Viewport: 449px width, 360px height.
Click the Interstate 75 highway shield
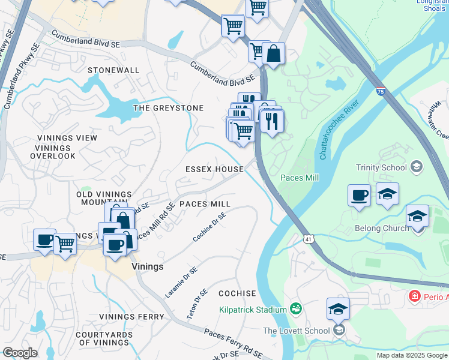[381, 92]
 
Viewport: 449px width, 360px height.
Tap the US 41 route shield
[309, 239]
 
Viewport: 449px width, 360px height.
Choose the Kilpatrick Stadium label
[252, 310]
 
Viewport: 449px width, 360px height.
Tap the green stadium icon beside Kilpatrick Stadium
[295, 309]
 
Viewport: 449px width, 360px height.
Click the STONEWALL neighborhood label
[113, 70]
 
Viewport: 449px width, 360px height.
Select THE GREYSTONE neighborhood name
[168, 108]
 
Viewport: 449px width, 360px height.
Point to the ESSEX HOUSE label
[214, 169]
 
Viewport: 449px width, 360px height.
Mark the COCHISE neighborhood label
[237, 293]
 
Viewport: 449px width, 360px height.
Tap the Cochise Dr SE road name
[210, 227]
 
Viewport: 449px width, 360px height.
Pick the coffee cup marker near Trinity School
[359, 196]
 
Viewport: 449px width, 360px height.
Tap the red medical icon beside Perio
[414, 296]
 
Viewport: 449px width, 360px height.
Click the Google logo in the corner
[20, 353]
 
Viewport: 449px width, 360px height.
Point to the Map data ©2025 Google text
[411, 355]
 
